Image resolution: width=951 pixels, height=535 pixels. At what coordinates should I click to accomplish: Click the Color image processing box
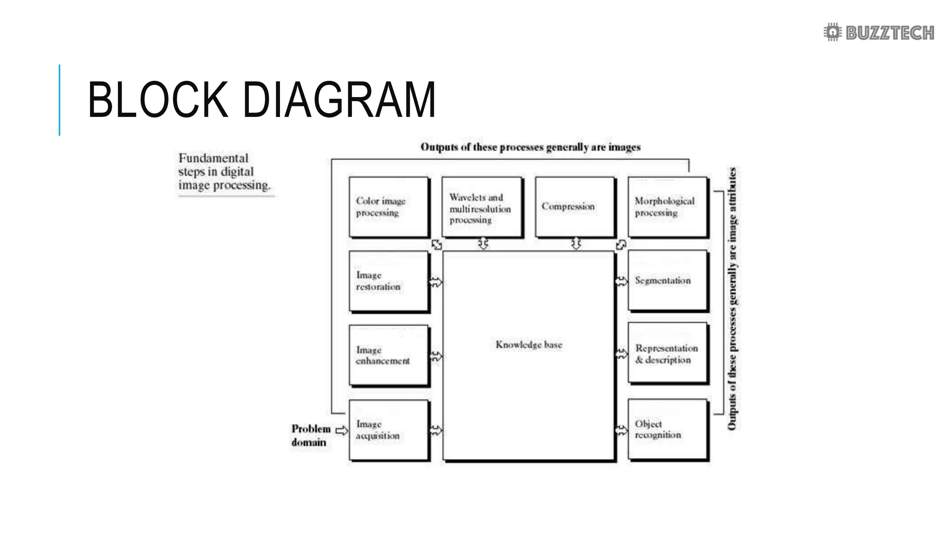click(389, 207)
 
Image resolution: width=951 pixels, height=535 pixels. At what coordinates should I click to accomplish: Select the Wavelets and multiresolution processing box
click(482, 207)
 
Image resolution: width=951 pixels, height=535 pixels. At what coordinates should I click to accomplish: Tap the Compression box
click(575, 207)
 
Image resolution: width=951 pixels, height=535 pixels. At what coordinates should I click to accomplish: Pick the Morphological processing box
click(668, 207)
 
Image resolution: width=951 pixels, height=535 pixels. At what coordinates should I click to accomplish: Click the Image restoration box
click(389, 281)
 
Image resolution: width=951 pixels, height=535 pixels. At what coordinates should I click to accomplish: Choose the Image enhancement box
click(389, 355)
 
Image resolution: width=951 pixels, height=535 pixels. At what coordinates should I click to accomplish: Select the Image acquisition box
click(389, 430)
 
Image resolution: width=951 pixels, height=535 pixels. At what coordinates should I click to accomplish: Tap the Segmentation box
click(668, 281)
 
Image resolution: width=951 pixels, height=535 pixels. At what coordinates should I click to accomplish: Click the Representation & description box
click(668, 353)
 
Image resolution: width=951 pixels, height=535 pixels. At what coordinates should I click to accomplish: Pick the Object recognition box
click(668, 430)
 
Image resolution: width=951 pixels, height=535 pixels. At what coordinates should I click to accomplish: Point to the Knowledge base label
click(528, 345)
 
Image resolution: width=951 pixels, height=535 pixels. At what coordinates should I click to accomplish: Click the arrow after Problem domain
click(342, 431)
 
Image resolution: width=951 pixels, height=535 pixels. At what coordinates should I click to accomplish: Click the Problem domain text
click(310, 435)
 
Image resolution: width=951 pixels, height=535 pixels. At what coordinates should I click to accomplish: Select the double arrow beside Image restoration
click(436, 282)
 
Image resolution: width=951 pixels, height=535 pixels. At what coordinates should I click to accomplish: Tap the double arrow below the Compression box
click(576, 243)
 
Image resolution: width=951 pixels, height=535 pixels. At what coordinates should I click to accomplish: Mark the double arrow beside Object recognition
click(621, 430)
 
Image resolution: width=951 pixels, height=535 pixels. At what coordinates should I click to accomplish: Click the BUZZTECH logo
click(879, 33)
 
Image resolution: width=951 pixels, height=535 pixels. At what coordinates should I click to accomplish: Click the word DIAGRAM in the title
click(339, 100)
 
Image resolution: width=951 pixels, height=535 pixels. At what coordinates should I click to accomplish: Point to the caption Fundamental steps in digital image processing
click(224, 172)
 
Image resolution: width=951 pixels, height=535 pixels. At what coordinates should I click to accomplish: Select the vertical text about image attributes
click(732, 298)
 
